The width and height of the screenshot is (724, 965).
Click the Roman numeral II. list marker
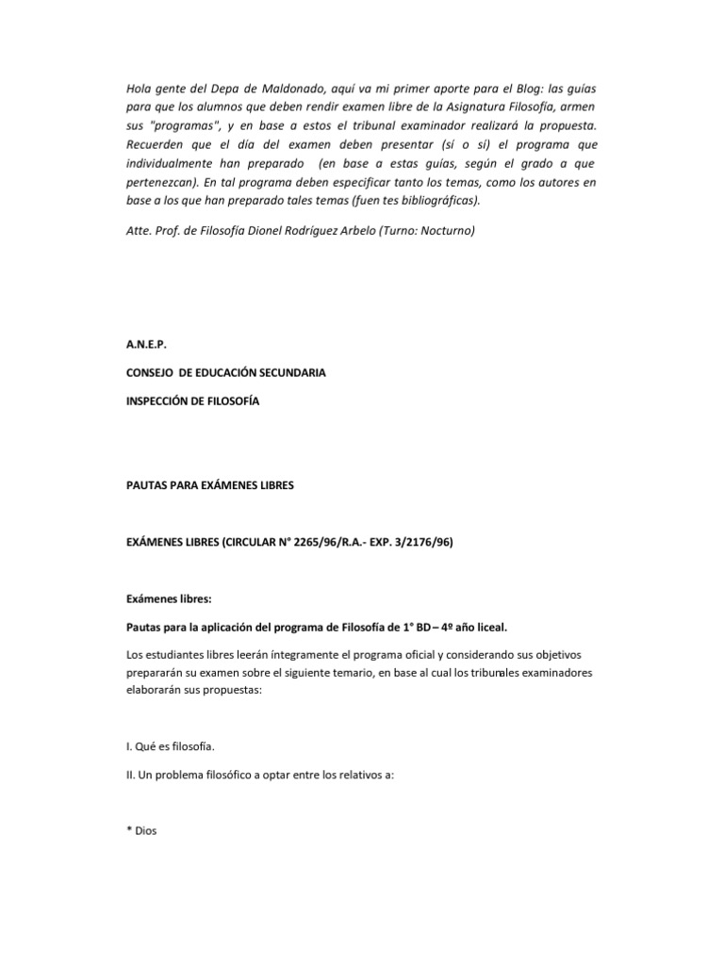tap(132, 776)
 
